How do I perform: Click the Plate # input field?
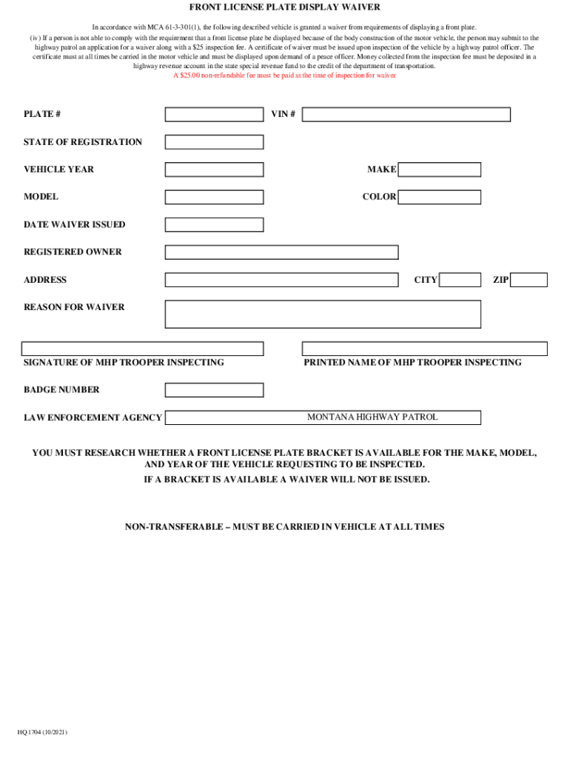214,114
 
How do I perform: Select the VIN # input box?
406,114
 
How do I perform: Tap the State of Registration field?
214,142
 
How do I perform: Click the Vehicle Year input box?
214,170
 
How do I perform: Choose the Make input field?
440,170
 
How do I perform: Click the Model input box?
214,197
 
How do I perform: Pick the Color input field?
440,197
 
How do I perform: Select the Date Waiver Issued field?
214,225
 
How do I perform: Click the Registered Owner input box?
281,252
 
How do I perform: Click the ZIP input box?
529,280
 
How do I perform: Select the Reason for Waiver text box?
323,314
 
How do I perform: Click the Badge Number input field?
214,390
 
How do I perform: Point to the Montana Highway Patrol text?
372,417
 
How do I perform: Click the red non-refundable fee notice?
285,76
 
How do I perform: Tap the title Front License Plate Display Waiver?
285,7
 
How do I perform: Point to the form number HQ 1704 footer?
43,732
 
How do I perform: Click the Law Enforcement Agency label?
93,418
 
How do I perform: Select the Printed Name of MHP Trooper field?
424,349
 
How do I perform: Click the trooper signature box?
142,349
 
